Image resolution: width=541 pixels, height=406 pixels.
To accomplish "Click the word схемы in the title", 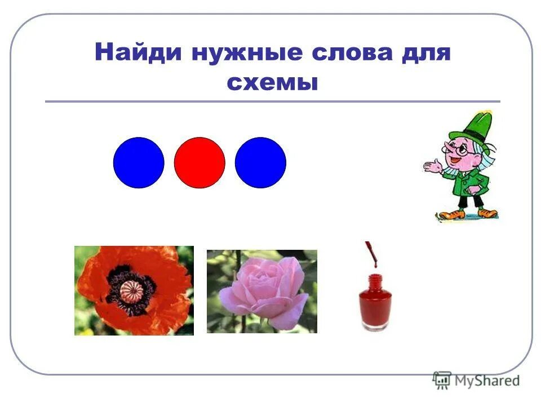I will pos(272,83).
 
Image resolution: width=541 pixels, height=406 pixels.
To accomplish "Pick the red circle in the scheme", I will pos(199,162).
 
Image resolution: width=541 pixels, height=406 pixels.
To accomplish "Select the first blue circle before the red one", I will pos(139,162).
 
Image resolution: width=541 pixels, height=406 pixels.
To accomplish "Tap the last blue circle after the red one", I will pos(260,162).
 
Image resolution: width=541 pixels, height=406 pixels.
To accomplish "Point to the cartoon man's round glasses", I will pos(463,150).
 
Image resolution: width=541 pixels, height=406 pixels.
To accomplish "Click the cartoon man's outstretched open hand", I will pos(431,166).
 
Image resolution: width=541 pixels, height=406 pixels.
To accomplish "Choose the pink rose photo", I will pos(261,292).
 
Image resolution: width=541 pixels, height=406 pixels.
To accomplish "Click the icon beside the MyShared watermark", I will pos(442,379).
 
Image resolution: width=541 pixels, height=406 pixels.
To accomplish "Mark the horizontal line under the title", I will pos(272,101).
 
